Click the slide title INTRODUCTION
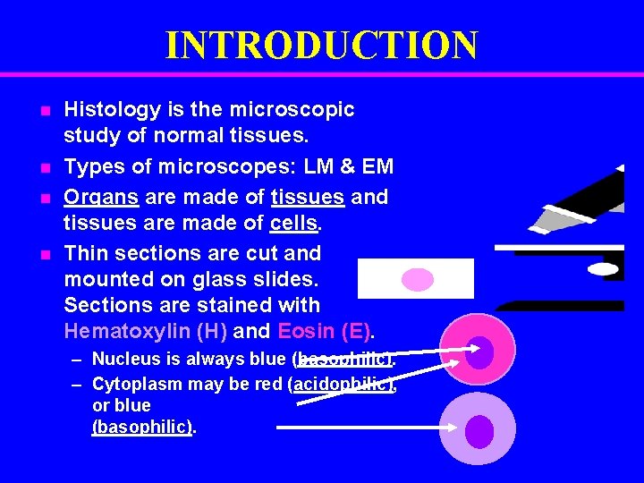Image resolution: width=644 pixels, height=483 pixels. coord(321,45)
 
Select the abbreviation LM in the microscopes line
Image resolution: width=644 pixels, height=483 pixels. coord(318,167)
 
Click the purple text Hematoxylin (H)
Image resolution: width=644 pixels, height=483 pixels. coord(146,332)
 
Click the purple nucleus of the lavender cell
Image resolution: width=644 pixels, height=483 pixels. coord(479,431)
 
